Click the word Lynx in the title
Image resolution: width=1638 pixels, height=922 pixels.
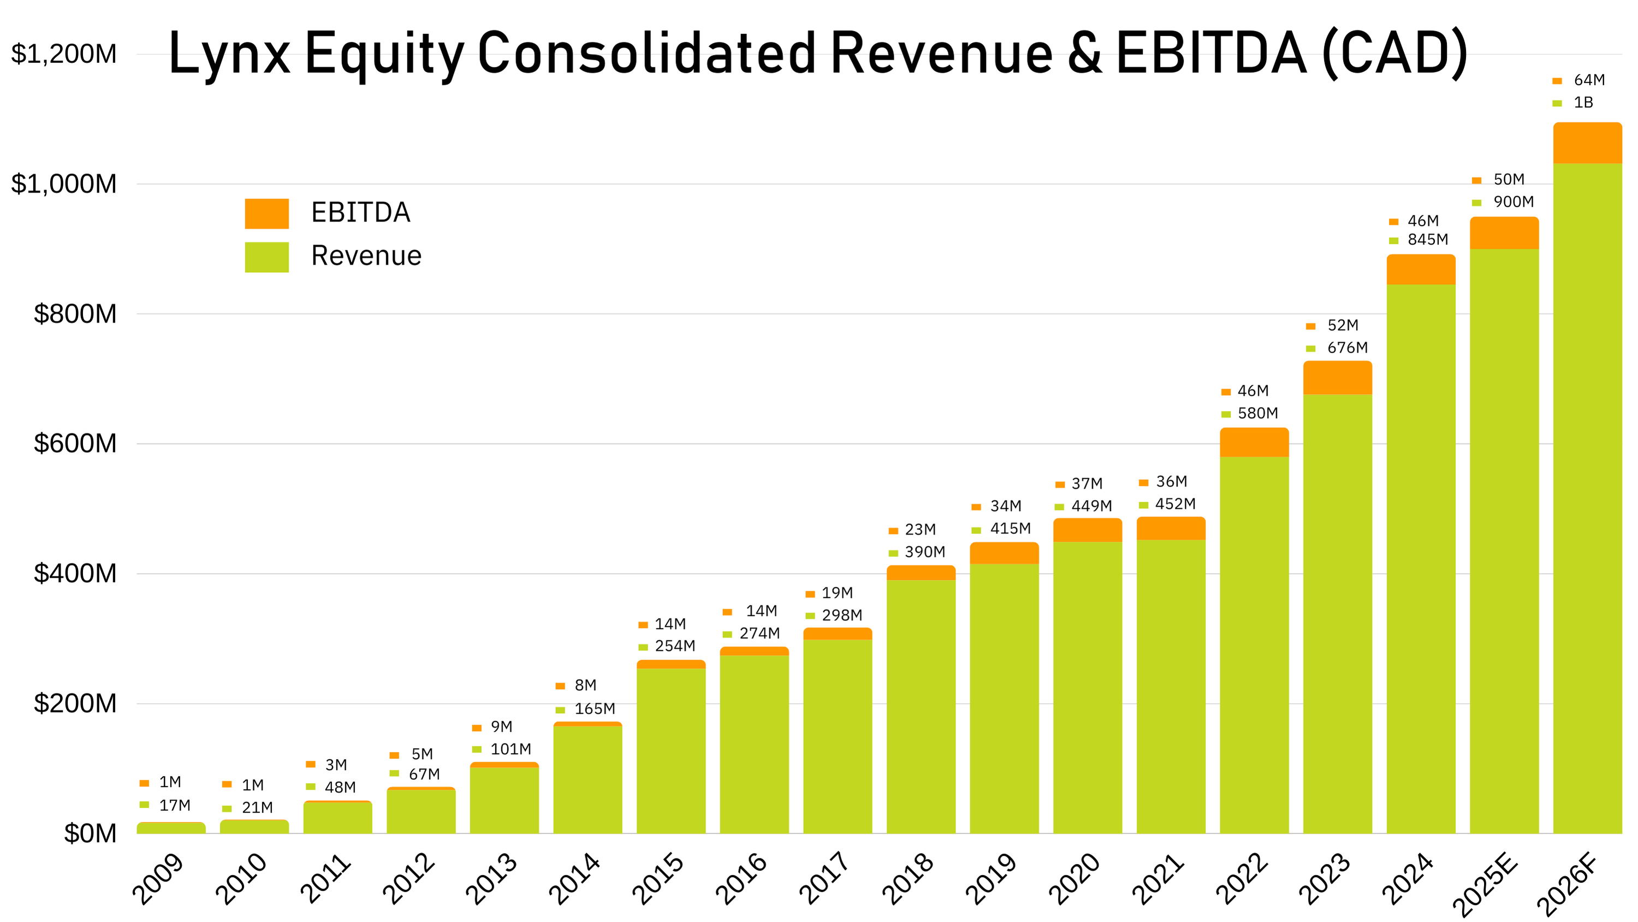pos(229,55)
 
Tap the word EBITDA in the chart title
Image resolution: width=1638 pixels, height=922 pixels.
pos(1212,54)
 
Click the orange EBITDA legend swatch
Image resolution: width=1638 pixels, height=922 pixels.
pos(266,213)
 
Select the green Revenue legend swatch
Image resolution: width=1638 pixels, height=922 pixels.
pos(266,257)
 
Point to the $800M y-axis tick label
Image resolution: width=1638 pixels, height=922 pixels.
pos(75,314)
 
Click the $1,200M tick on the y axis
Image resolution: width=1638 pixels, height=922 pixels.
pos(63,54)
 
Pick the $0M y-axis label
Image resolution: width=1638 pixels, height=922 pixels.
pos(90,833)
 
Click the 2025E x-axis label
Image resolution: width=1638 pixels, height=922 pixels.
pos(1485,883)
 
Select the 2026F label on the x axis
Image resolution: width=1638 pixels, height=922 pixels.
pos(1568,883)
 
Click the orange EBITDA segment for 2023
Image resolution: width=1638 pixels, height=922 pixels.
pos(1337,377)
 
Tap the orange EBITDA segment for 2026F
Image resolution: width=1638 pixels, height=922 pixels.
pos(1587,143)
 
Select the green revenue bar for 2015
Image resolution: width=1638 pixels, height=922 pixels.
pos(671,751)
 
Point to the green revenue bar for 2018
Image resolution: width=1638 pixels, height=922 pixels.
pos(921,706)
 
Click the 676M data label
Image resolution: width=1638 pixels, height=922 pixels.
pos(1347,348)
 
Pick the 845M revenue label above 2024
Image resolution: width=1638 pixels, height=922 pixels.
pos(1428,240)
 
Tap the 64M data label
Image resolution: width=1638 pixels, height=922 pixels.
pos(1589,80)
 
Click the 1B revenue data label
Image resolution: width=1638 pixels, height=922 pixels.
pos(1583,102)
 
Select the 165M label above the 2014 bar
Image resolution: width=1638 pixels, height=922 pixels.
pos(595,709)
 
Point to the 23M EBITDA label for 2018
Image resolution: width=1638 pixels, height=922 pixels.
pos(920,530)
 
